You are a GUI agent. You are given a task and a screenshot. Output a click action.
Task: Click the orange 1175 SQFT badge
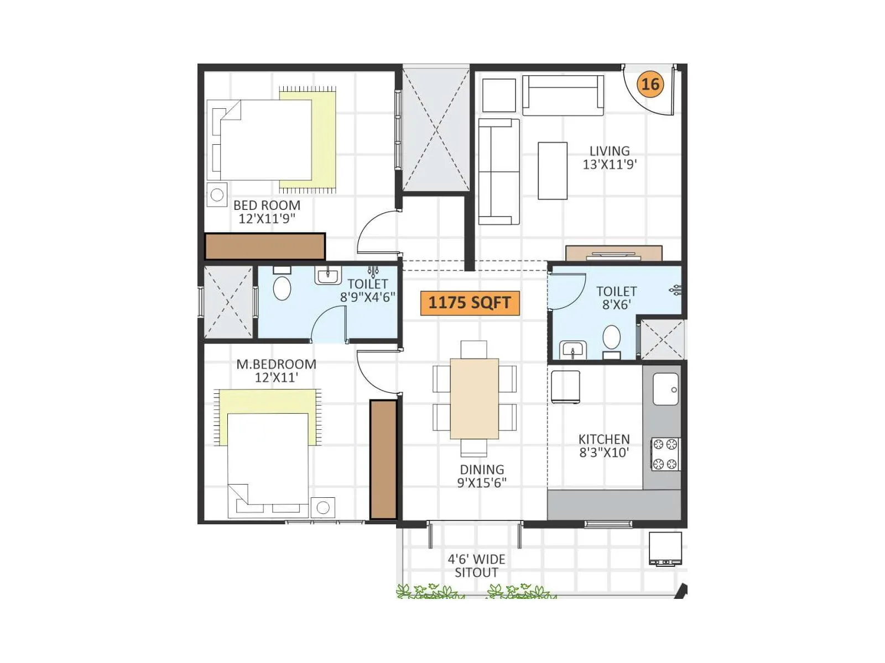[470, 303]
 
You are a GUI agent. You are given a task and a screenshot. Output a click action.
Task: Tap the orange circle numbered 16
[650, 84]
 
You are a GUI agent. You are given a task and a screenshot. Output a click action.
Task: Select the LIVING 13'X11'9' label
[610, 157]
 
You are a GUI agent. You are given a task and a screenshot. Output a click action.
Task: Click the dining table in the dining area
[474, 398]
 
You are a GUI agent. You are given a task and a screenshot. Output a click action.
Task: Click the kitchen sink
[665, 389]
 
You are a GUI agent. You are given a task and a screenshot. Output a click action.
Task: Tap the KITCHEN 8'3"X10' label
[604, 446]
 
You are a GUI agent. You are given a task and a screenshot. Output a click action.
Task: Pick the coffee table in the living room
[552, 171]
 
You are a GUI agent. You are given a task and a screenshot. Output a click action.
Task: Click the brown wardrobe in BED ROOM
[264, 246]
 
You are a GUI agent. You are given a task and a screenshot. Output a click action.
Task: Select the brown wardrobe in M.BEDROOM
[383, 460]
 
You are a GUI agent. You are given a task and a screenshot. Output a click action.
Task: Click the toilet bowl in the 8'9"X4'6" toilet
[282, 288]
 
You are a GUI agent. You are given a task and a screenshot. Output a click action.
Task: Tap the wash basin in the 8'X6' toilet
[573, 350]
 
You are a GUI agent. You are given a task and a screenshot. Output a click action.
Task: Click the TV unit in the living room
[613, 254]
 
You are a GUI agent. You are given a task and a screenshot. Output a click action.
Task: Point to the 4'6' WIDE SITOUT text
[476, 566]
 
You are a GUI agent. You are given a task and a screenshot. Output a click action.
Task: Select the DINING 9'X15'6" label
[482, 476]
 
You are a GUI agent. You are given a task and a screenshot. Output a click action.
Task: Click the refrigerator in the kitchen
[565, 387]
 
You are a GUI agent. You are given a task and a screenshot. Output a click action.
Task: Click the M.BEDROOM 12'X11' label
[276, 371]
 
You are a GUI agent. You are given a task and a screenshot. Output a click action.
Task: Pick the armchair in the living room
[499, 95]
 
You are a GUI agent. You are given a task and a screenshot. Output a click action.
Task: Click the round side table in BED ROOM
[217, 194]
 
